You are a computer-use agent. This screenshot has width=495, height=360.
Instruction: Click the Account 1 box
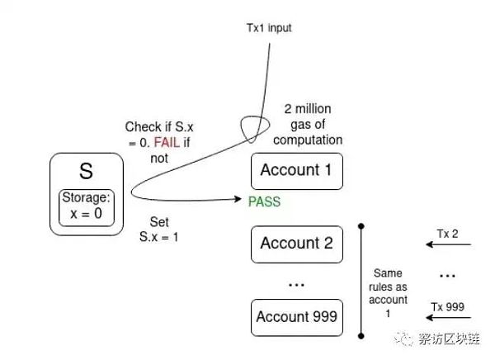pos(296,170)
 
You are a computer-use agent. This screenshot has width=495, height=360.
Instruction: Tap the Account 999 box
pos(296,316)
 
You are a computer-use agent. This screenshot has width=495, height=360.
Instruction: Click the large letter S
pos(86,173)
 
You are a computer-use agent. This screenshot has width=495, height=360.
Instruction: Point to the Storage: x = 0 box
pos(86,205)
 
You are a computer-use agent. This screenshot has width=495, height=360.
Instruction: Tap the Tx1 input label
pos(269,28)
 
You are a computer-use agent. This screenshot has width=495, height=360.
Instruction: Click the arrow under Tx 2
pos(446,245)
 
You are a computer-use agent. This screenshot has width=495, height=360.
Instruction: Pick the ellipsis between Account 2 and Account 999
pos(296,282)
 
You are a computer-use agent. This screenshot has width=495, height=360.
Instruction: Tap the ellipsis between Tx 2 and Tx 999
pos(449,275)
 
